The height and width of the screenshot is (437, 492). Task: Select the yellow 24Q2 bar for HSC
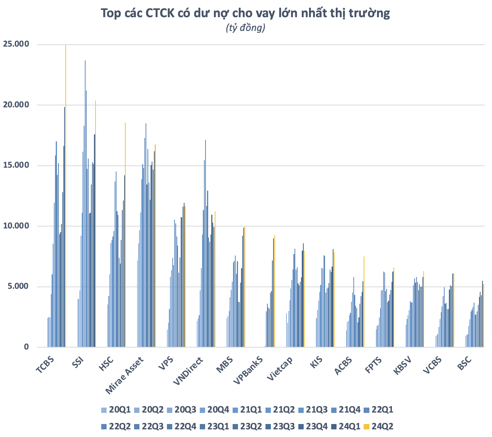(125, 235)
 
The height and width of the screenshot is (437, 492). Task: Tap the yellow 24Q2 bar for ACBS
(364, 302)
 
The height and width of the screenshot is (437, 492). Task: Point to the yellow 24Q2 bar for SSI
(95, 223)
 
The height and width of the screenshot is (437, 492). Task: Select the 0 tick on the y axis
(26, 347)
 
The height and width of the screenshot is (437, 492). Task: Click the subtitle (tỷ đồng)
(246, 28)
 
